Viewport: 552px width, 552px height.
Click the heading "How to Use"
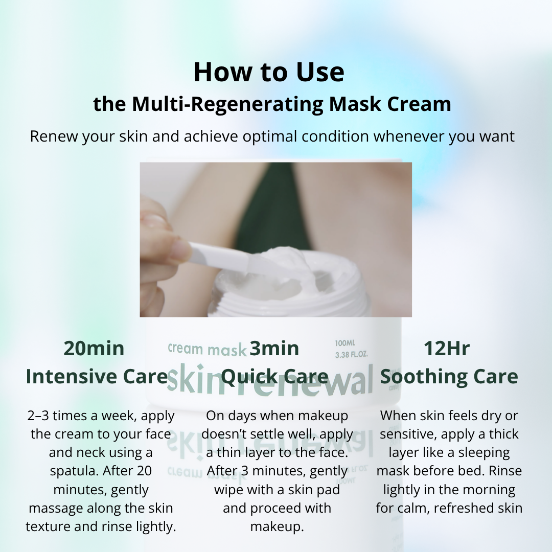pos(269,72)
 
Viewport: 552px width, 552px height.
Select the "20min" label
pos(94,348)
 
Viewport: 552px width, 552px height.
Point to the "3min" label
pos(274,348)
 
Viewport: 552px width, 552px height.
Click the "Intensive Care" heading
pos(97,377)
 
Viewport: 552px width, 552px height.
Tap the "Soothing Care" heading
pos(449,377)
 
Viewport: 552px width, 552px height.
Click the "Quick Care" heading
pos(275,377)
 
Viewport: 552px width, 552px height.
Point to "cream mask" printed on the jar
pos(206,349)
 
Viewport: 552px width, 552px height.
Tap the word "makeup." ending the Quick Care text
pos(277,526)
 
